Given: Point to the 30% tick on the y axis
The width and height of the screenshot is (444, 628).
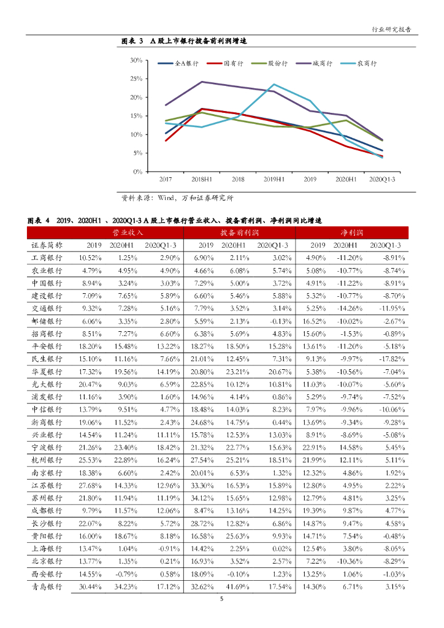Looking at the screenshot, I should click(136, 61).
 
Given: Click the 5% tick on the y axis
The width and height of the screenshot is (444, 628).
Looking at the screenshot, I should click(138, 153).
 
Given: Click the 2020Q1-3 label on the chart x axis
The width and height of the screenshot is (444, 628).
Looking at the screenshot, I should click(382, 179).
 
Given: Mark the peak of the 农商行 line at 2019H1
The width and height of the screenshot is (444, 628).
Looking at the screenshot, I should click(274, 85).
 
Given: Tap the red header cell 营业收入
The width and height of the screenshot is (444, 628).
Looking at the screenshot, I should click(128, 233).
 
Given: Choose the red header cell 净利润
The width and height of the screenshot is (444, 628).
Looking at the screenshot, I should click(352, 233).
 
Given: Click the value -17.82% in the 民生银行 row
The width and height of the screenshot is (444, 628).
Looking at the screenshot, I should click(389, 359).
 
